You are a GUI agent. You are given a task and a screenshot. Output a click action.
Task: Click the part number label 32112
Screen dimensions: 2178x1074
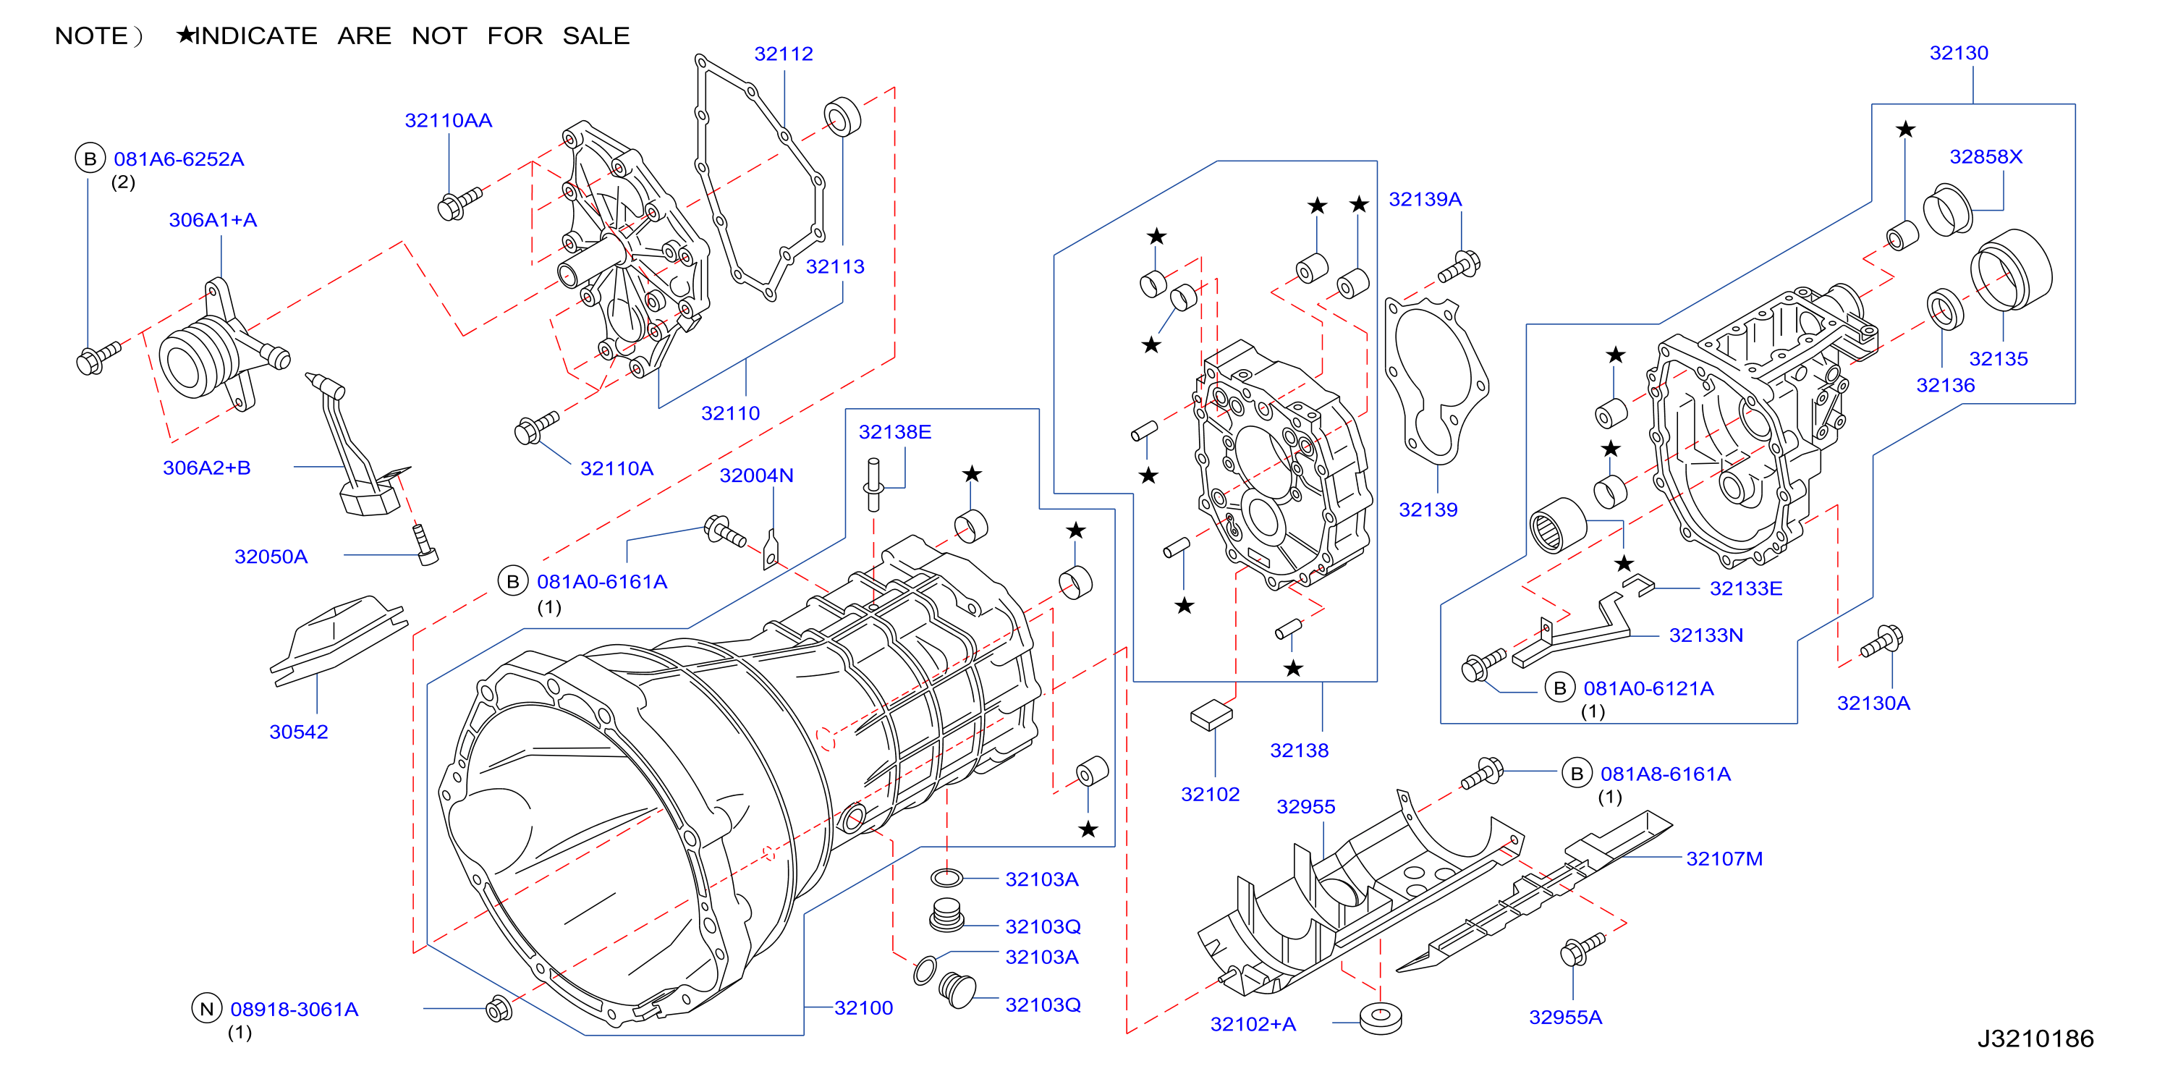tap(783, 54)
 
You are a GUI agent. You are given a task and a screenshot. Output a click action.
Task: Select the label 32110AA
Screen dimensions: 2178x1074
tap(448, 120)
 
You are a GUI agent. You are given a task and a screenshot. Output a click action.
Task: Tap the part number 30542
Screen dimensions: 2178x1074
tap(298, 732)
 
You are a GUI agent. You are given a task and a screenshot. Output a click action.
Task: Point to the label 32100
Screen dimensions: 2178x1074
tap(863, 1007)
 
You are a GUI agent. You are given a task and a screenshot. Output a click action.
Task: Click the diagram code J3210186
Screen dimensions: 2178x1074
tap(2035, 1039)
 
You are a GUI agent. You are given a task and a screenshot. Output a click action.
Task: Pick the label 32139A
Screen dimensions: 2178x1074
tap(1425, 199)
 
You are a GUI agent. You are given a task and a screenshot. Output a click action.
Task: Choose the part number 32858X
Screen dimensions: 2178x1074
tap(1986, 156)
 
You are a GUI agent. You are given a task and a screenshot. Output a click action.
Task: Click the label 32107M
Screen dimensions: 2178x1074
tap(1724, 858)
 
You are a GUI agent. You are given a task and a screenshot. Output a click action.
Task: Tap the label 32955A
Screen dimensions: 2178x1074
tap(1565, 1017)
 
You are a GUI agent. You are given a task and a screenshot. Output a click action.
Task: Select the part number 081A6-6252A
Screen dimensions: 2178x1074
tap(179, 159)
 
